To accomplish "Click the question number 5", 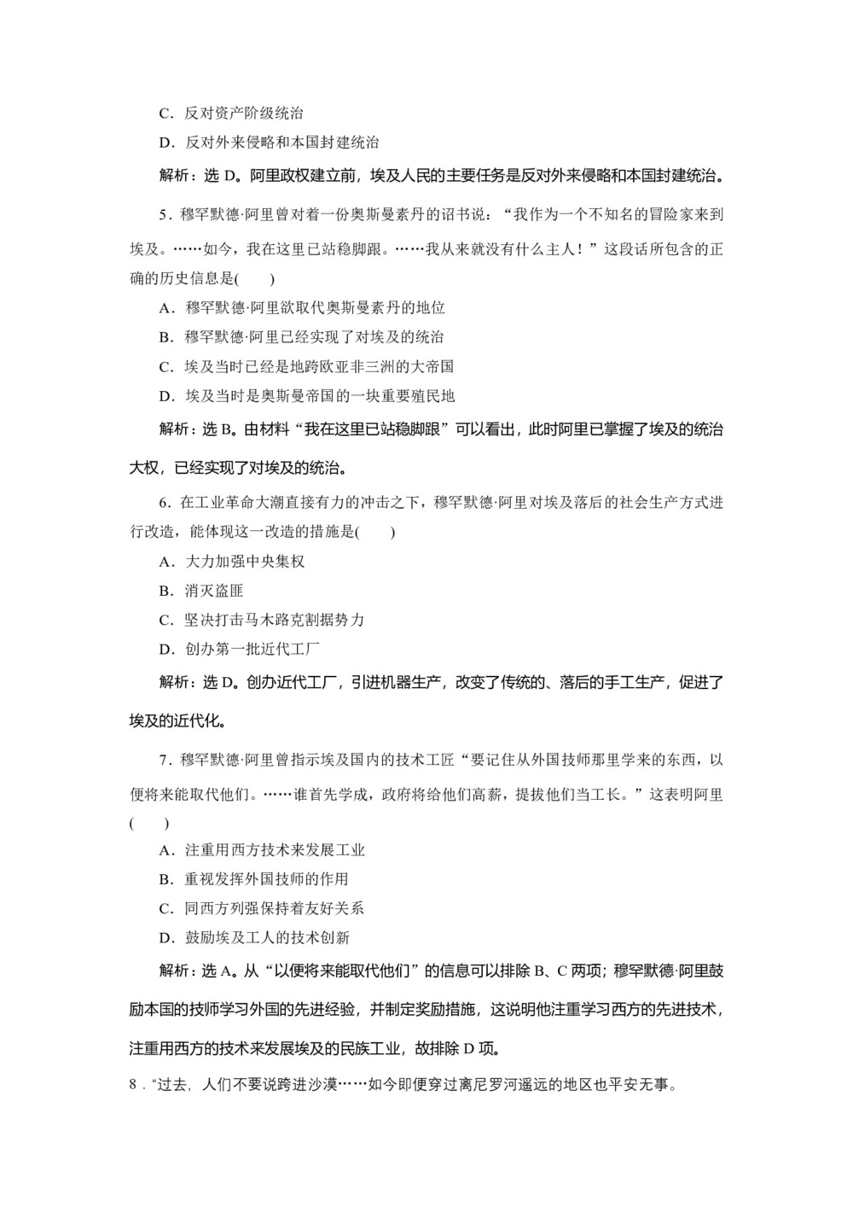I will point(164,215).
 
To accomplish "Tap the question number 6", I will point(164,503).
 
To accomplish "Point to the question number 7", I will point(164,759).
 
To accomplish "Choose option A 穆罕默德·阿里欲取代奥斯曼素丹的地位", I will point(302,308).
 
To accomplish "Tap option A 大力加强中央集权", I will point(232,562).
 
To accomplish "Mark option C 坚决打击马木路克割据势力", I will point(262,620).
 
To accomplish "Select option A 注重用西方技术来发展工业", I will point(262,850).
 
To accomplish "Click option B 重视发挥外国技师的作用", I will point(253,879).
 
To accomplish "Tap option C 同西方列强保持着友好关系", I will point(262,908).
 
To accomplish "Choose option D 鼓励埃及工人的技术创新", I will point(254,937).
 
